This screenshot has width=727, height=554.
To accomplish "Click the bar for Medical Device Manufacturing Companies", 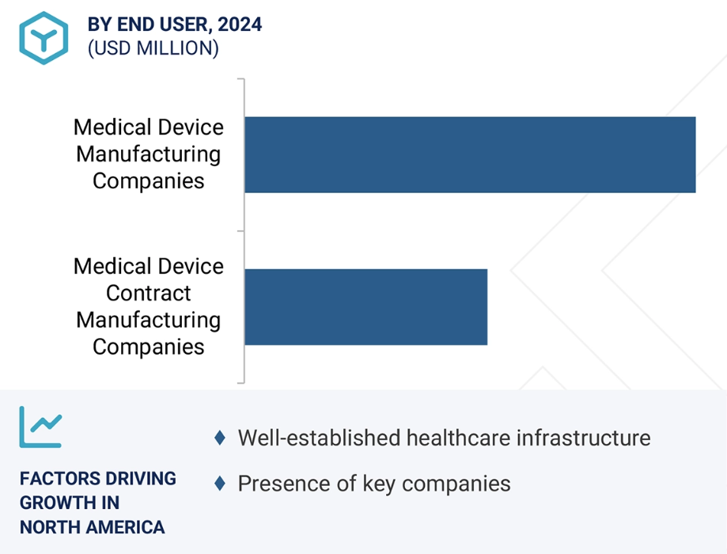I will (470, 154).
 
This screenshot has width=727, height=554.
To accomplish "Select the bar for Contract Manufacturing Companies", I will (365, 306).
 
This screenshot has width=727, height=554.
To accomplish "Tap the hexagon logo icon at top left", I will (44, 37).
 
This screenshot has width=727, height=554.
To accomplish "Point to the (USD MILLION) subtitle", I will (153, 48).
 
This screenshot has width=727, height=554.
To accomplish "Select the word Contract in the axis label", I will (149, 294).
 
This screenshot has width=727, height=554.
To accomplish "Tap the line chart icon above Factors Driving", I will (40, 427).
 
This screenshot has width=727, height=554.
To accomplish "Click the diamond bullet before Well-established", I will (220, 438).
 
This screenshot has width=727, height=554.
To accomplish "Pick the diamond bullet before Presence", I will (220, 484).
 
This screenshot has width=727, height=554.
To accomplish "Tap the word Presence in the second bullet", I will (277, 484).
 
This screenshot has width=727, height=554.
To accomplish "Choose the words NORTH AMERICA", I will (92, 527).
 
